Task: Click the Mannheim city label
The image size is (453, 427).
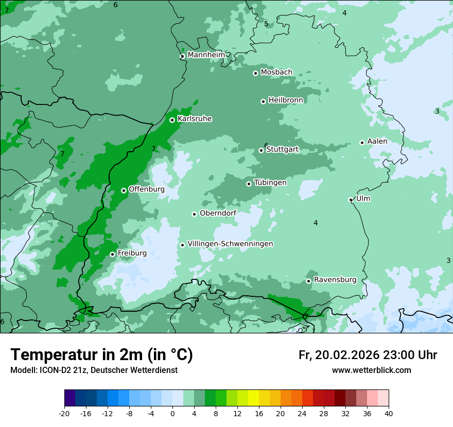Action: pos(206,55)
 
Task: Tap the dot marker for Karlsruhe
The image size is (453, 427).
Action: pos(172,120)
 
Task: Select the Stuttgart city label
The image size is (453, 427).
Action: pos(282,150)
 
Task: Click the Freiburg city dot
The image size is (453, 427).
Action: pos(112,254)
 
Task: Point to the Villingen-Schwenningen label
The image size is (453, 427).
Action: pos(230,244)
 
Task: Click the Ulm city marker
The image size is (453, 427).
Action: pos(351,200)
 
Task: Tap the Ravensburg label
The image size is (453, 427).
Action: pos(335,280)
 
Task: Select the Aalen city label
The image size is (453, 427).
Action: pos(377,141)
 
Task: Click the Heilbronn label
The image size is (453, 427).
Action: pos(286,100)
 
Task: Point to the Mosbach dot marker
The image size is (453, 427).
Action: pos(255,73)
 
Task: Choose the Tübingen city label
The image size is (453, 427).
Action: pos(270,183)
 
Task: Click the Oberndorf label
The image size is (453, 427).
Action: pos(218,213)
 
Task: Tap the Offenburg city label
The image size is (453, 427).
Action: pos(146,189)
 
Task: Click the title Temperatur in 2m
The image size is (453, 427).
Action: pos(102,355)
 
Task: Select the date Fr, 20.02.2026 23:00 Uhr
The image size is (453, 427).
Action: pos(368,355)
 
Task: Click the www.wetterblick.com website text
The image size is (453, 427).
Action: pos(371,370)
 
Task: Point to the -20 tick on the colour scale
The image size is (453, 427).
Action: pos(64,413)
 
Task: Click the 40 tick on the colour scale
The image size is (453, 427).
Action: pos(389,413)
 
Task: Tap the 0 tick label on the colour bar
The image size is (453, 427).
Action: pos(172,413)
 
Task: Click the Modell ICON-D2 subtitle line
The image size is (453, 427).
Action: pos(94,370)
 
